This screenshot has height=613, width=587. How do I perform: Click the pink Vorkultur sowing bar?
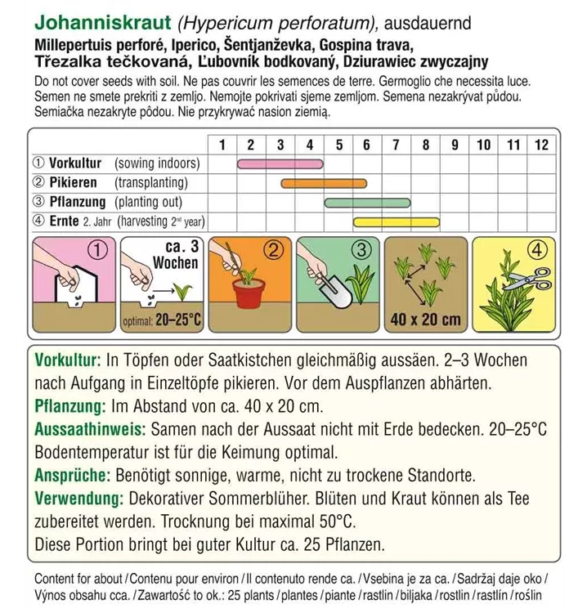click(280, 164)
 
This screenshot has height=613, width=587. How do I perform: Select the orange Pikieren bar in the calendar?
click(323, 183)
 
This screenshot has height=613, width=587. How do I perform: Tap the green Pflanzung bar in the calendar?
click(368, 202)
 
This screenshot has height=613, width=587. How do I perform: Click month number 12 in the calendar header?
click(540, 145)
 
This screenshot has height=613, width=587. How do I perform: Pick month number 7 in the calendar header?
click(396, 145)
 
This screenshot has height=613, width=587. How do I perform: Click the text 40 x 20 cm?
click(425, 319)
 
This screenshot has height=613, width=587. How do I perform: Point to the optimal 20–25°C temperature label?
click(162, 320)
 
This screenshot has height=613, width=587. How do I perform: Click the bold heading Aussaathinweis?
click(90, 428)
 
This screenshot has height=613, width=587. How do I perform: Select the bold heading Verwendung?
click(81, 498)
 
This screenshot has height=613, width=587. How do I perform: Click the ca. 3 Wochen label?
click(176, 255)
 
